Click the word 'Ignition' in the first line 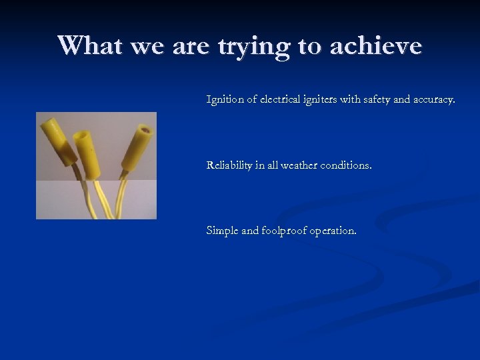pyautogui.click(x=225, y=100)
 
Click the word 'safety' pyautogui.click(x=384, y=100)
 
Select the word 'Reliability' pyautogui.click(x=230, y=165)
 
